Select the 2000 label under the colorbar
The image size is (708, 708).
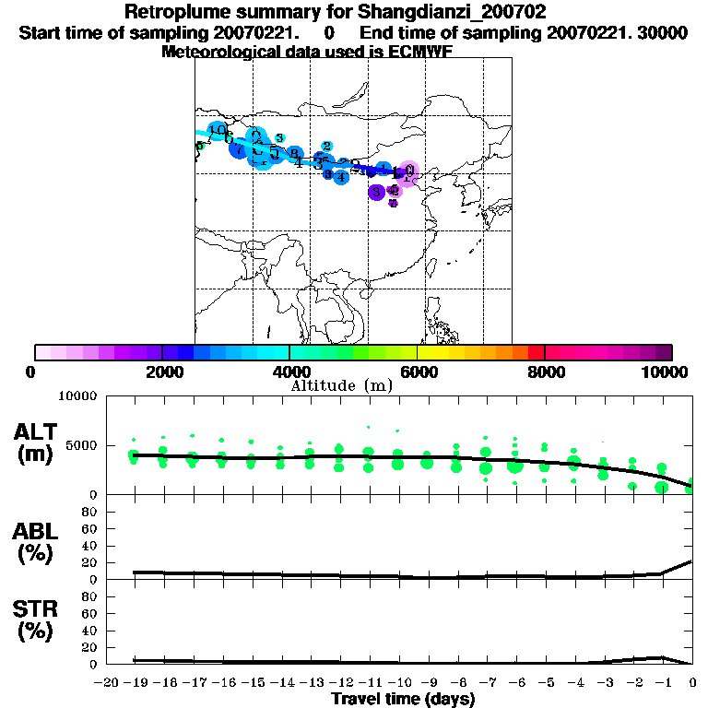(162, 372)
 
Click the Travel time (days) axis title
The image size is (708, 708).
(403, 700)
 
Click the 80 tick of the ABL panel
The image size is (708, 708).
(91, 511)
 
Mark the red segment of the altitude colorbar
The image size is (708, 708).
(536, 352)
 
